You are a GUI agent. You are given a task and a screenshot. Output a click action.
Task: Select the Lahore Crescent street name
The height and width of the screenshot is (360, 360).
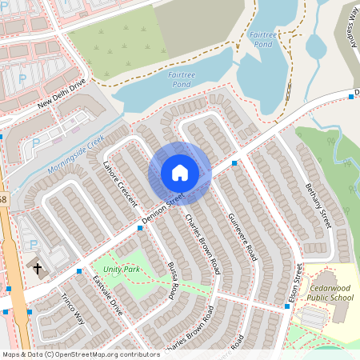(120, 182)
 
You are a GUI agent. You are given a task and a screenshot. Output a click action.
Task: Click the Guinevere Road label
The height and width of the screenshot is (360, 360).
(241, 237)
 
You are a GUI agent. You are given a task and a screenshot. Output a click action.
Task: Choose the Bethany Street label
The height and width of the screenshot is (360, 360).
(318, 203)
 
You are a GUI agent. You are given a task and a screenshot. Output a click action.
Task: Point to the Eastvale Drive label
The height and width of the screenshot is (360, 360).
(106, 295)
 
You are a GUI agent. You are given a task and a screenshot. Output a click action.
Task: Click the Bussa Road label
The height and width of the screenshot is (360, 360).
(171, 280)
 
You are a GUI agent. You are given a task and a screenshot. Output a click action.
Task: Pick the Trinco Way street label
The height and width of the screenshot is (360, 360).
(73, 308)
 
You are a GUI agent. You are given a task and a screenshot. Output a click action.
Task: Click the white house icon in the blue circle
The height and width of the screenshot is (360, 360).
(180, 173)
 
